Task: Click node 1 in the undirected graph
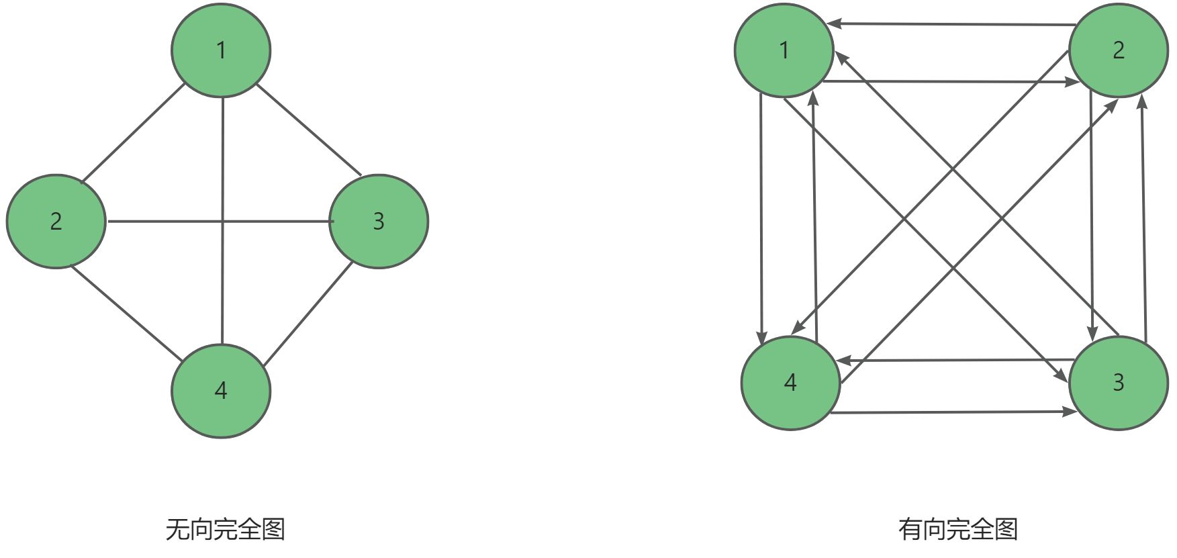(x=221, y=50)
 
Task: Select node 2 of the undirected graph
(x=56, y=221)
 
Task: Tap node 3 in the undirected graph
(x=379, y=221)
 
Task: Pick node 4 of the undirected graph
(x=221, y=391)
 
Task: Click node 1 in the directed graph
(x=784, y=50)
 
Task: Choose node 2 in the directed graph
(x=1118, y=50)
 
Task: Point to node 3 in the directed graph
(x=1118, y=383)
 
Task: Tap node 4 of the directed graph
(x=790, y=383)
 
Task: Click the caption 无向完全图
(x=226, y=530)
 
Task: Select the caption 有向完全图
(x=958, y=530)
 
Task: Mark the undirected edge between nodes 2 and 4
(x=126, y=313)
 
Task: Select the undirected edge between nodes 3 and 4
(x=308, y=314)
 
